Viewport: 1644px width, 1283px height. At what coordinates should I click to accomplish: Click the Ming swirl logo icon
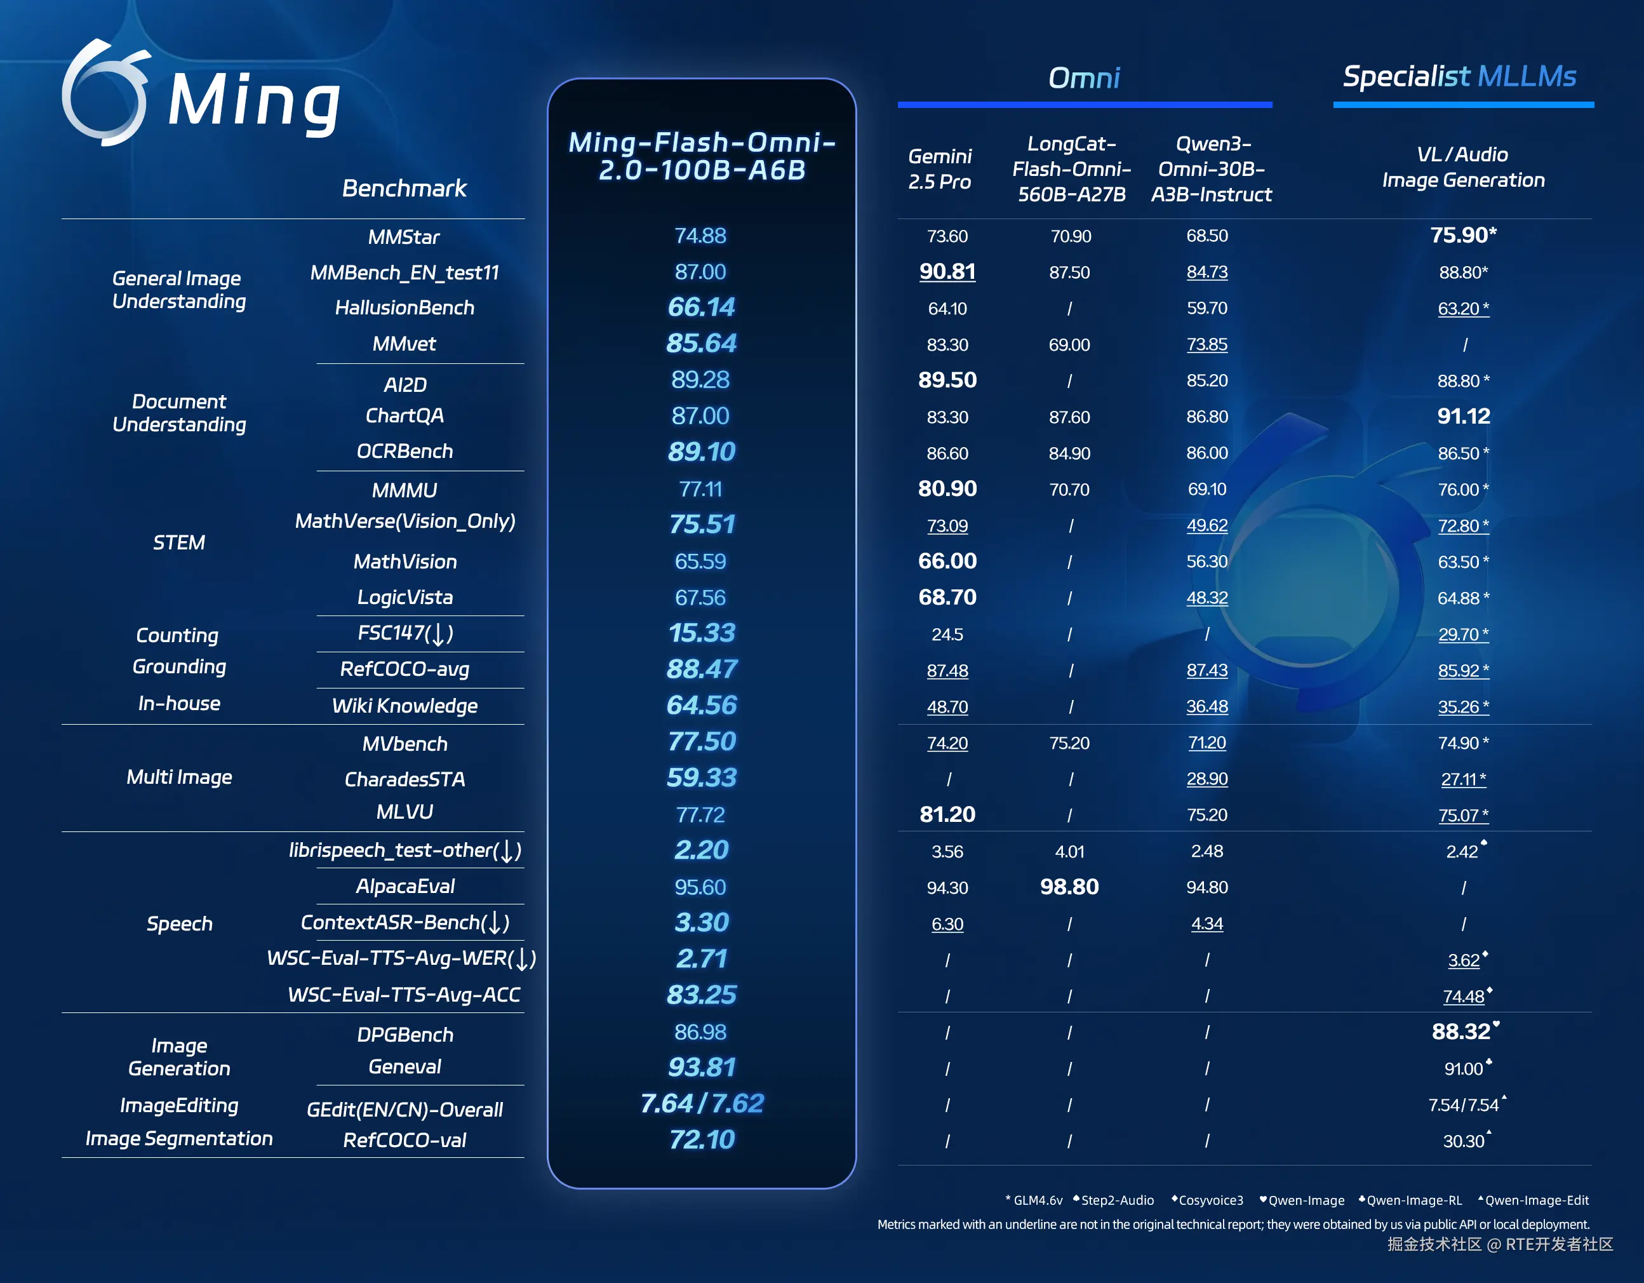(105, 93)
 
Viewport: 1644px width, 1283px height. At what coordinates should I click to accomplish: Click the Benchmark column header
(404, 188)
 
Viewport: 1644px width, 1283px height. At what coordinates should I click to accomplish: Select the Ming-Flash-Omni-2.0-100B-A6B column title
(702, 156)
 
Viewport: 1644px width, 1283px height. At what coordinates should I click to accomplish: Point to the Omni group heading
(1084, 77)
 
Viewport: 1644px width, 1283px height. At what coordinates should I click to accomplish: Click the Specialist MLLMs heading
(1460, 76)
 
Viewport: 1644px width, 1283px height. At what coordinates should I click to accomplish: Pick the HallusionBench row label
(404, 307)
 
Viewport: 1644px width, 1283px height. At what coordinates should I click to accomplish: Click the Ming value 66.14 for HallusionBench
(701, 307)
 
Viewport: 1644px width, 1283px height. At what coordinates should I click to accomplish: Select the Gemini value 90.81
(947, 271)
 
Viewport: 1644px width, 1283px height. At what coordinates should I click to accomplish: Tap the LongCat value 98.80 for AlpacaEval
(1069, 887)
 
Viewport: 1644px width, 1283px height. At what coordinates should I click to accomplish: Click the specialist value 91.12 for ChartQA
(1463, 417)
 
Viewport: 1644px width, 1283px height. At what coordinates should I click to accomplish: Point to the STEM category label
(179, 542)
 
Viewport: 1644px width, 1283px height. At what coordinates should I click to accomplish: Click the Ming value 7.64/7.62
(702, 1103)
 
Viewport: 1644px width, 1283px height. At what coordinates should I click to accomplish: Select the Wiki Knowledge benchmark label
(405, 706)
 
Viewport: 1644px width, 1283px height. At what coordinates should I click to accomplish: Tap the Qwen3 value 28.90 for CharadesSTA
(1206, 779)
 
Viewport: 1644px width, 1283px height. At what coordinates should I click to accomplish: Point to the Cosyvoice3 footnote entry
(1209, 1200)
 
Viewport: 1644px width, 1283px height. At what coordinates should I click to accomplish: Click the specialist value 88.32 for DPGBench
(1462, 1031)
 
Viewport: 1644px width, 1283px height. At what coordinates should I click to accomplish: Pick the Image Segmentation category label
(179, 1138)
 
